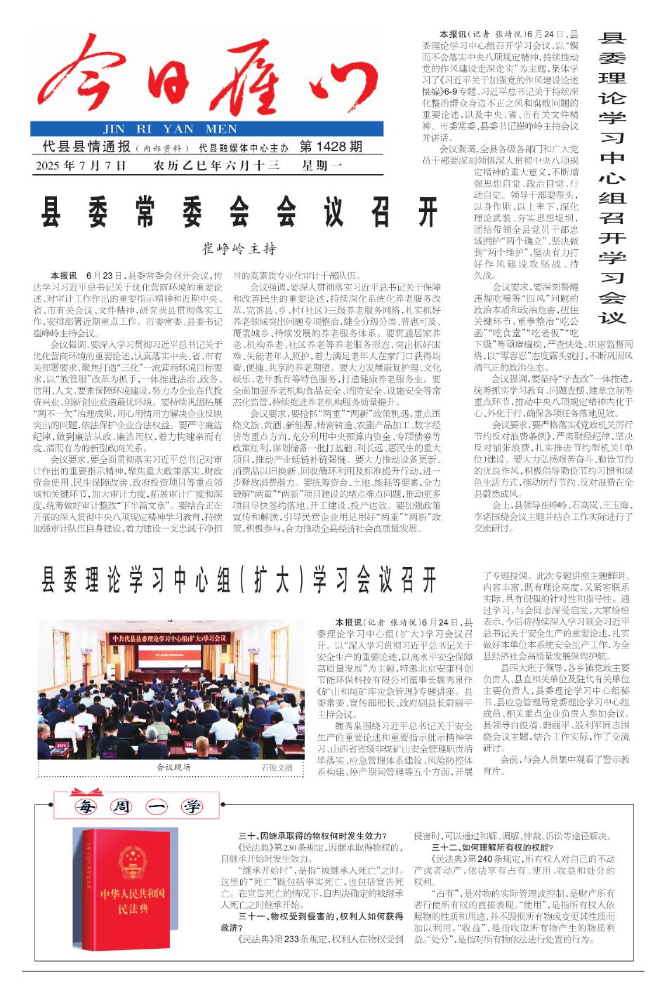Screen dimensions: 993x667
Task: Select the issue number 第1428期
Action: (331, 147)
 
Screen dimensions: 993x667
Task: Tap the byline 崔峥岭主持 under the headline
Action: (239, 248)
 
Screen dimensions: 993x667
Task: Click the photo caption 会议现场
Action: (174, 767)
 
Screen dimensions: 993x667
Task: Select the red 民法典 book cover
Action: (125, 888)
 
